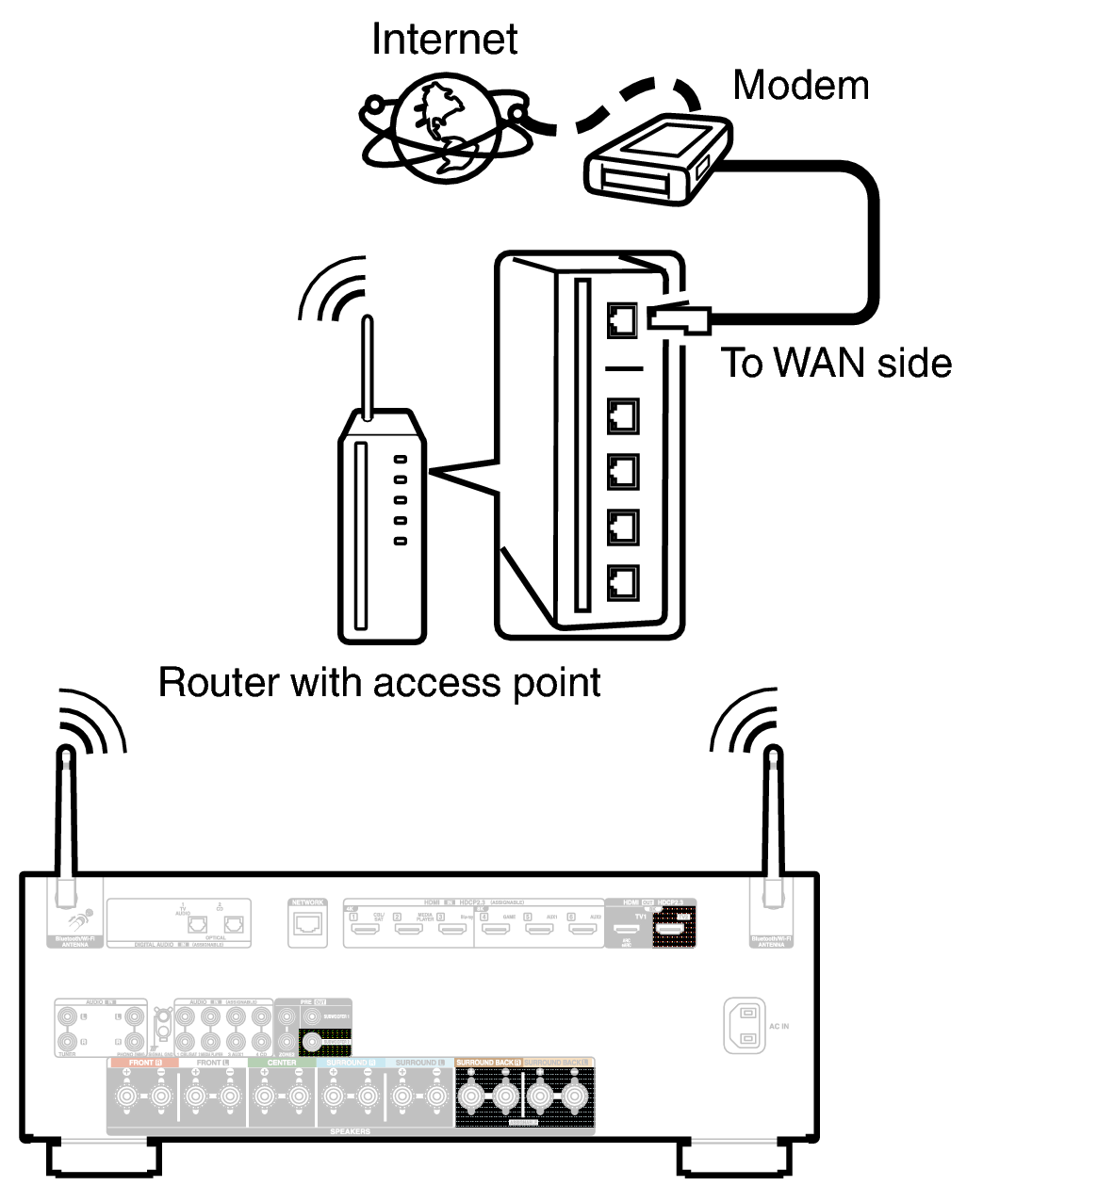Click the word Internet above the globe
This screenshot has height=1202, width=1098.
pos(444,40)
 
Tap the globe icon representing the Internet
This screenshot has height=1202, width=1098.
pos(443,129)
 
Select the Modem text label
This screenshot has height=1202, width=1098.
pos(800,86)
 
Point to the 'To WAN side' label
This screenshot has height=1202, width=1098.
pos(836,364)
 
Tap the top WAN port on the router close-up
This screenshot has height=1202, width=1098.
pos(622,321)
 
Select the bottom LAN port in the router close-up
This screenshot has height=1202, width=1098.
pos(622,583)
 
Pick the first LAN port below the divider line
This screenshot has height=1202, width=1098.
pos(622,415)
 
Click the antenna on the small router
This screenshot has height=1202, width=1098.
pos(368,367)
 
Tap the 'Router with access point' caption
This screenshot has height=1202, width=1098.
pos(379,683)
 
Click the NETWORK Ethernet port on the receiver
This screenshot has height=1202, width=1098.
pos(308,925)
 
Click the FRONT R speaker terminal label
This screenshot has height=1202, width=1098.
pos(143,1063)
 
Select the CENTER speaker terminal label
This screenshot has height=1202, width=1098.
pos(282,1063)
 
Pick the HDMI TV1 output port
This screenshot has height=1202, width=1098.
pos(627,930)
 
